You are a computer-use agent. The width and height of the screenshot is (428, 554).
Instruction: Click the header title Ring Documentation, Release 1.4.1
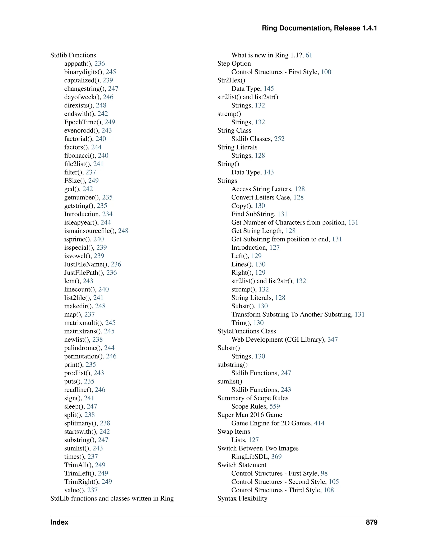click(319, 28)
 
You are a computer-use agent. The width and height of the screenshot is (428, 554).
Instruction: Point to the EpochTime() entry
click(83, 122)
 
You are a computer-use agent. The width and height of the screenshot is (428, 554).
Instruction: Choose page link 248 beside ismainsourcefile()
click(123, 231)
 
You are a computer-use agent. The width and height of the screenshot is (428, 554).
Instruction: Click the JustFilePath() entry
click(84, 273)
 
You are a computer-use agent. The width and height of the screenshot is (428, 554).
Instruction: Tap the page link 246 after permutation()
click(111, 356)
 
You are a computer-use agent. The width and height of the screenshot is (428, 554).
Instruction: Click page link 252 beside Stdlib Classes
click(279, 139)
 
